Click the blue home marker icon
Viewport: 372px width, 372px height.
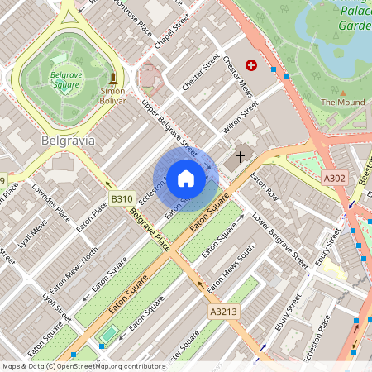(x=185, y=179)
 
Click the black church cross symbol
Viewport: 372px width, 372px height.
(x=241, y=156)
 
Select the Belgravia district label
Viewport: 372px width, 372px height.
(x=68, y=141)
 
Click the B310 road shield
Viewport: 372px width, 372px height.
(x=122, y=198)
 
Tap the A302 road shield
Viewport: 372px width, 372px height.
(x=334, y=178)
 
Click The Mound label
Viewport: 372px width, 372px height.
(x=342, y=102)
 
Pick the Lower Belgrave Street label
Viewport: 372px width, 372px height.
(x=280, y=241)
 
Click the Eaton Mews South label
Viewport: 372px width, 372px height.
(x=231, y=272)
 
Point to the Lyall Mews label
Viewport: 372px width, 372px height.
(x=34, y=238)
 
